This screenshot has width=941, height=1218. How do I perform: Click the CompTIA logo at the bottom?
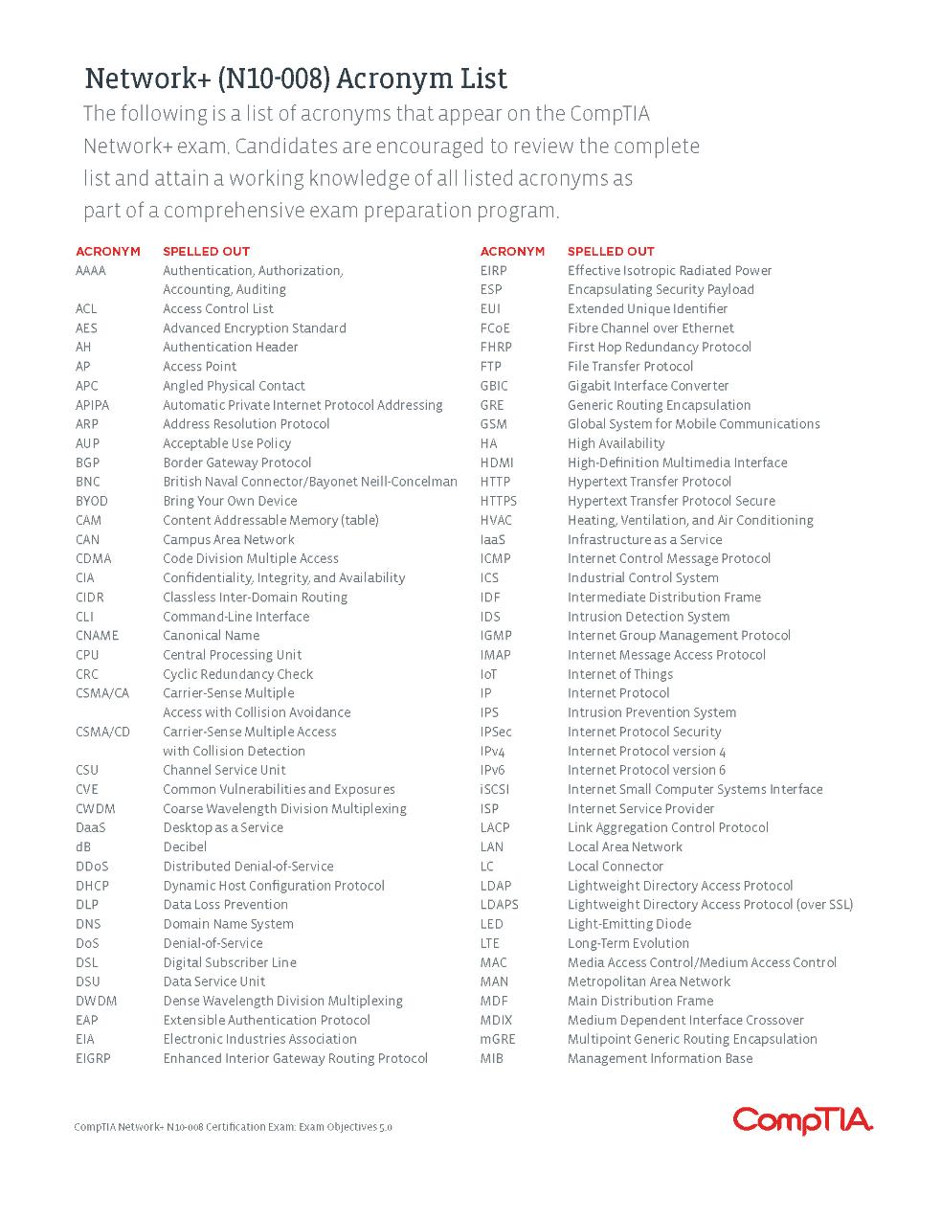(802, 1119)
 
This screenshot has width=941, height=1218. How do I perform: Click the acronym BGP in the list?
(87, 462)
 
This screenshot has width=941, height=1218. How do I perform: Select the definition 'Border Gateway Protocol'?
(236, 462)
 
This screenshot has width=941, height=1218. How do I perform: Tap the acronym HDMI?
(497, 462)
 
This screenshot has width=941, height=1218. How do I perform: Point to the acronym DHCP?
(92, 886)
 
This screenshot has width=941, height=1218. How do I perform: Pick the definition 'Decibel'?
(185, 846)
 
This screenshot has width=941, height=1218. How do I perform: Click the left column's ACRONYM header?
(107, 252)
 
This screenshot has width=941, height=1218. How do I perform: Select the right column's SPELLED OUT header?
(611, 252)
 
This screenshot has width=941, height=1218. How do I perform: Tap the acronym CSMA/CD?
(102, 732)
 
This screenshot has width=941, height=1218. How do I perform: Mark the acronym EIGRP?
(93, 1058)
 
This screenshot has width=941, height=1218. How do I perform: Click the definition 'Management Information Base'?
(660, 1058)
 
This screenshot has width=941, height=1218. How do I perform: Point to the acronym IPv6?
(492, 770)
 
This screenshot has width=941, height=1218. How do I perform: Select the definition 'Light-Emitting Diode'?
(629, 924)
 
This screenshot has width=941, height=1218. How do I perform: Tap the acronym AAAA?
(91, 271)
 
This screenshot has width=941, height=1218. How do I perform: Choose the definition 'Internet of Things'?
(619, 674)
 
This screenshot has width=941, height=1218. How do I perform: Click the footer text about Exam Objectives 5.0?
(233, 1127)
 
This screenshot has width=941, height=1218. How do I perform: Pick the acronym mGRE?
(498, 1039)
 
